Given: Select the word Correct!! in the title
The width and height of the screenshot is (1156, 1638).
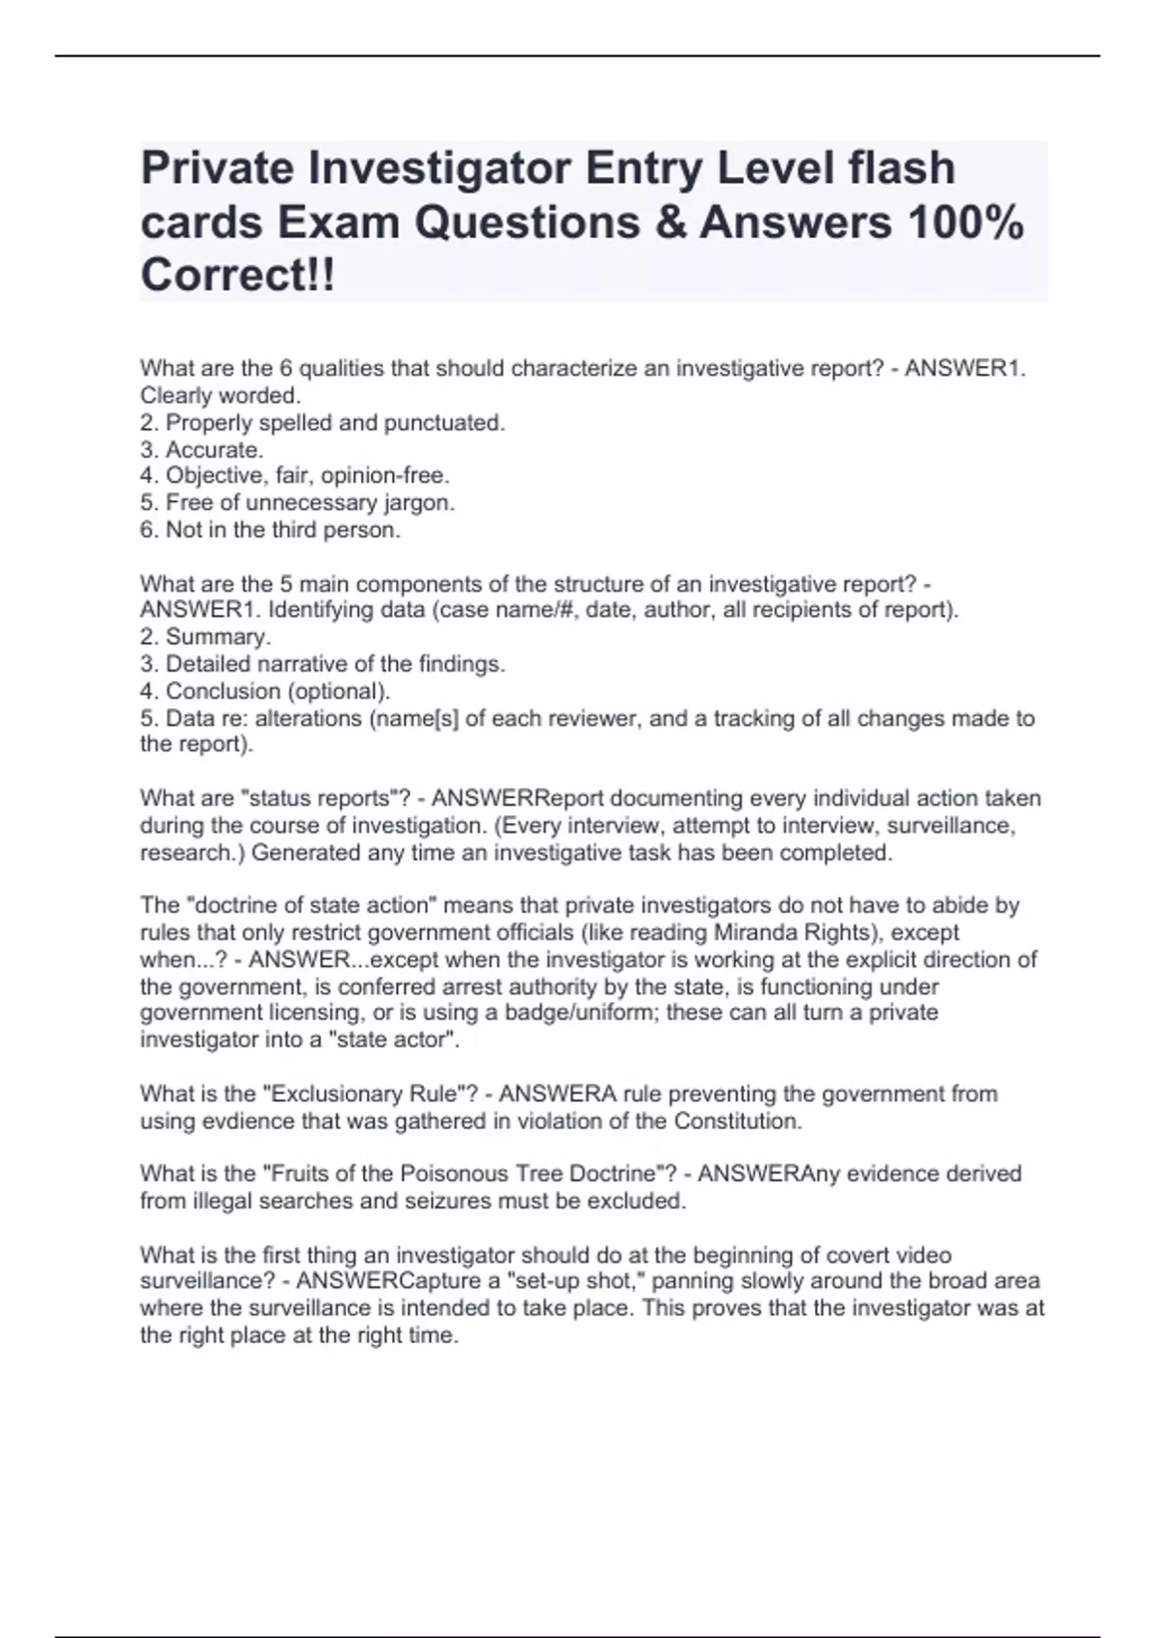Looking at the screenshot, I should [239, 276].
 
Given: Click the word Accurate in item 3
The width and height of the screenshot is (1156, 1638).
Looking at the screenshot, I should [213, 450].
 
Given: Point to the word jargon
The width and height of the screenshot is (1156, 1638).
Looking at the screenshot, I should [419, 503].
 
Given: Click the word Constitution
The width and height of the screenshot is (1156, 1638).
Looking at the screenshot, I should [737, 1122].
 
